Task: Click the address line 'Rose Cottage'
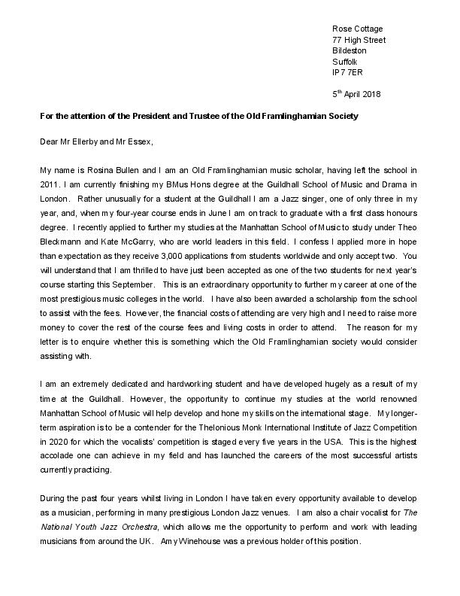(x=356, y=28)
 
